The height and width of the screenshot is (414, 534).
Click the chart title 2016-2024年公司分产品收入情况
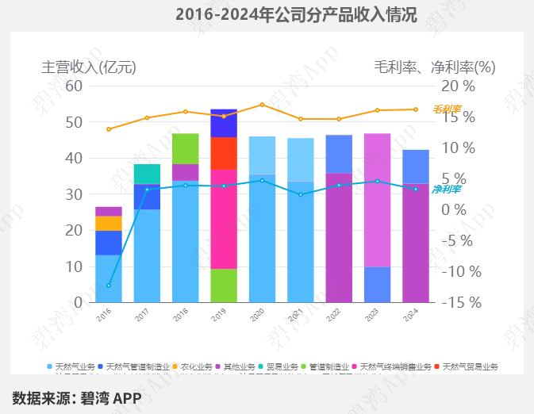pos(295,14)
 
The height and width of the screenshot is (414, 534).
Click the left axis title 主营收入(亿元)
pos(89,67)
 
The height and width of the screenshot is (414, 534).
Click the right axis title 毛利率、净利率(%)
pos(434,67)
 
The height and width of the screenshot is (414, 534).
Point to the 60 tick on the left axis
pos(74,86)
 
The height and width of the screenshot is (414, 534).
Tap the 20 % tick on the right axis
pos(458,86)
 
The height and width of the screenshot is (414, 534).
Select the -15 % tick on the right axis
pos(460,302)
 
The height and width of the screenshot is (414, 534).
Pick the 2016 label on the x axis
pos(103,315)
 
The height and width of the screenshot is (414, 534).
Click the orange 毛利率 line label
pos(447,109)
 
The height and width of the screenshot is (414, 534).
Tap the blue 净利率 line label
pos(447,190)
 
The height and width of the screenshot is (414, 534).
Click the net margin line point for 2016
pos(109,286)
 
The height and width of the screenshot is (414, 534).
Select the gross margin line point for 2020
pos(262,105)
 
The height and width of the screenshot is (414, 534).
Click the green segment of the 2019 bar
pos(224,286)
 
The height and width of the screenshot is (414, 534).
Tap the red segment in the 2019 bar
pos(224,153)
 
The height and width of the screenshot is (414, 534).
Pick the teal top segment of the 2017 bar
pos(147,174)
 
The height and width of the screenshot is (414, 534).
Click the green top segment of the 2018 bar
pos(185,148)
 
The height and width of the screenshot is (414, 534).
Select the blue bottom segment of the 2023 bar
pos(377,284)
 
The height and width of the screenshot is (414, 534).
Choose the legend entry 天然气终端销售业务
pos(396,367)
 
